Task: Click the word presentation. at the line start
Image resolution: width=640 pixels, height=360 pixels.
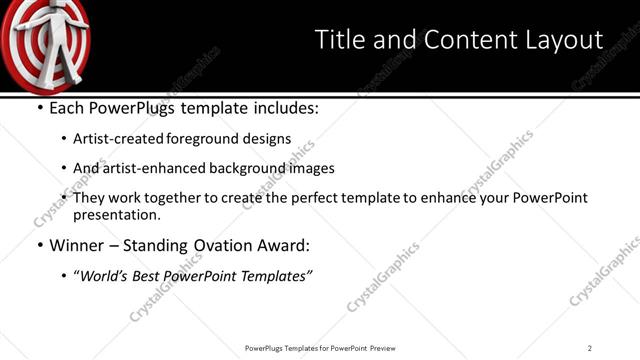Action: click(x=116, y=214)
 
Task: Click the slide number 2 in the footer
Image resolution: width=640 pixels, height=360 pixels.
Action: click(x=590, y=348)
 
